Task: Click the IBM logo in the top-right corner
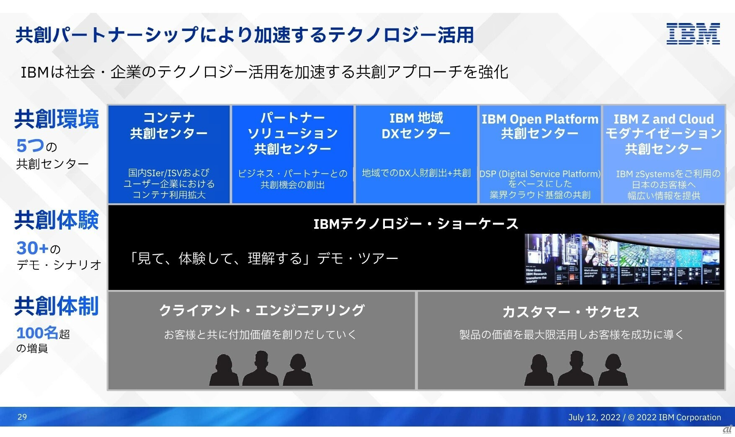(x=693, y=34)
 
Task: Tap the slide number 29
(x=22, y=417)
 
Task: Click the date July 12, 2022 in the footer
(x=594, y=417)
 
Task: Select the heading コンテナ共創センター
(x=169, y=125)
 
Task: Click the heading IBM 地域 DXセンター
(x=416, y=126)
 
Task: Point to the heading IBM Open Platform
(x=539, y=119)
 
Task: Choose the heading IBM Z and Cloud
(x=663, y=119)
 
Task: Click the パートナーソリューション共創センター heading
(x=292, y=133)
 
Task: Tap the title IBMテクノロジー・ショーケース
(x=416, y=224)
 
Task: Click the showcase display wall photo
(x=622, y=259)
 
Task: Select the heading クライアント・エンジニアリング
(x=262, y=310)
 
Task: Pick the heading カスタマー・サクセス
(x=570, y=312)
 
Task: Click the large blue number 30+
(x=33, y=248)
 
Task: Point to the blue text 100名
(x=37, y=333)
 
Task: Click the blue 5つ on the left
(x=30, y=146)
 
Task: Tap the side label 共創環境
(x=57, y=119)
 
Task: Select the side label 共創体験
(x=57, y=220)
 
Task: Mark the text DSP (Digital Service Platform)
(x=539, y=174)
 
